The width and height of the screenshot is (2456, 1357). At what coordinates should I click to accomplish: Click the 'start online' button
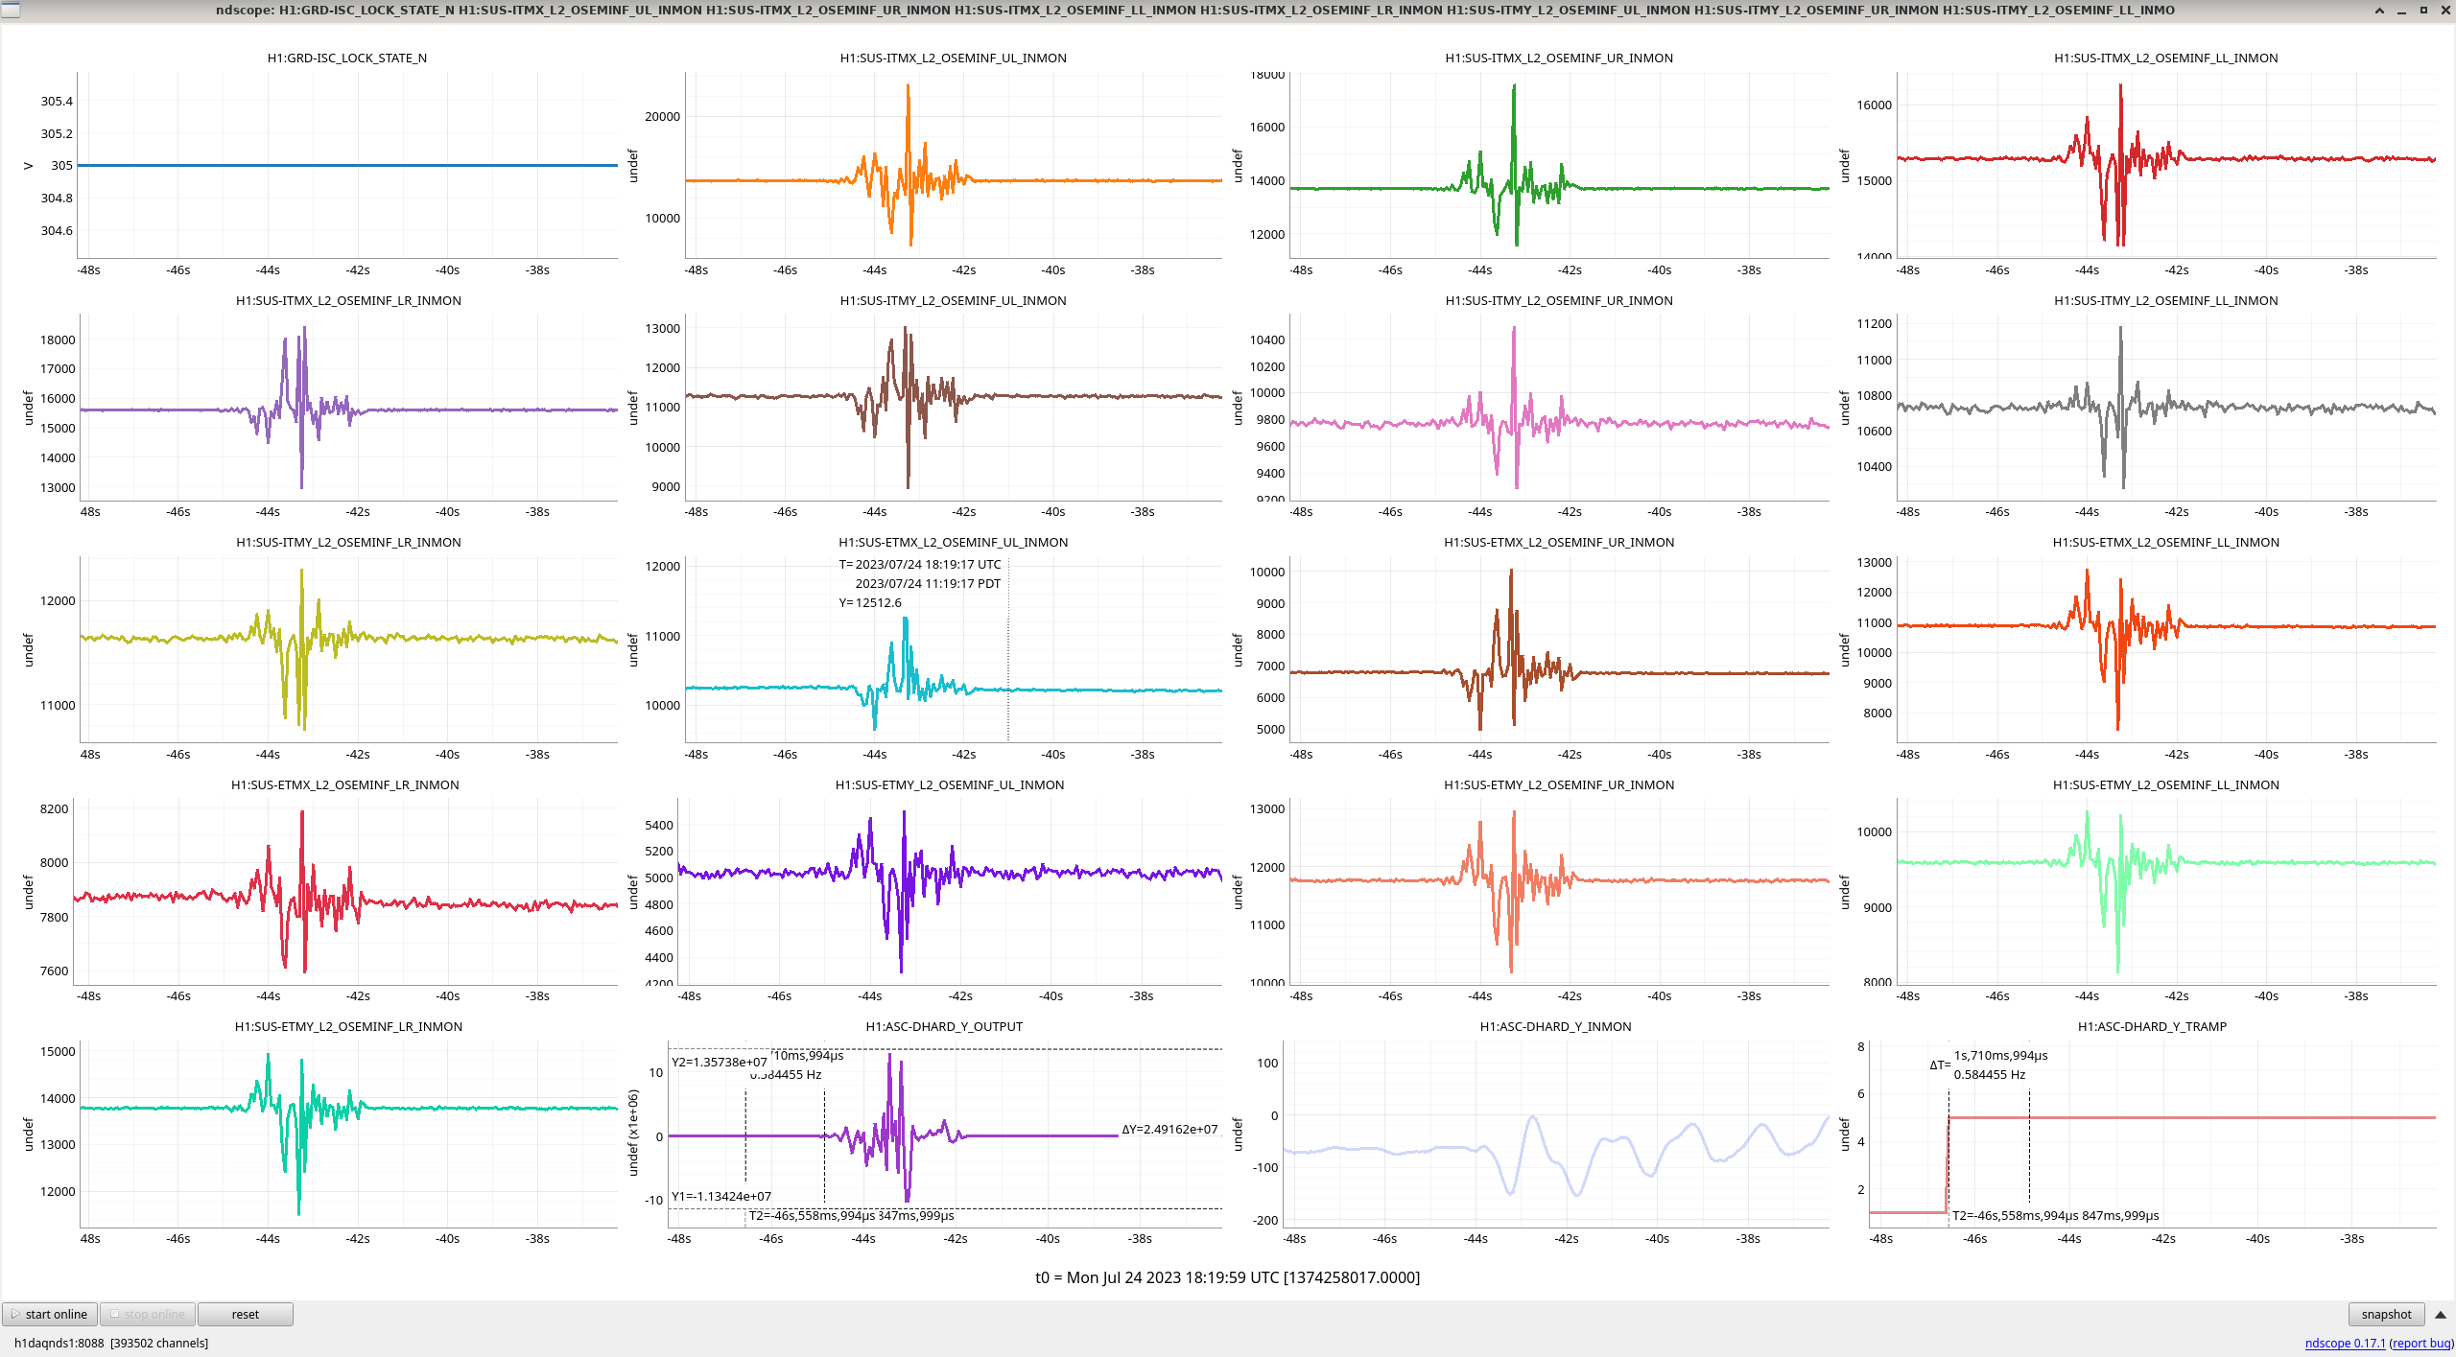tap(50, 1314)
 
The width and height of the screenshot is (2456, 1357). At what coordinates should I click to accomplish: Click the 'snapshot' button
tap(2385, 1314)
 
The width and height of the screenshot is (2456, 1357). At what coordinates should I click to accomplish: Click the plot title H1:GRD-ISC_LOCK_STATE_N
tap(346, 58)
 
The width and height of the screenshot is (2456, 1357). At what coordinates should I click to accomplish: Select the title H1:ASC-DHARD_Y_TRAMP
tap(2151, 1026)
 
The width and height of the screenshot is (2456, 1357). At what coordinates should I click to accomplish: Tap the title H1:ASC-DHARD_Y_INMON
tap(1555, 1026)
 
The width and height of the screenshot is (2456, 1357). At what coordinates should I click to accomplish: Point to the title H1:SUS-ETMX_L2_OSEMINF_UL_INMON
tap(953, 542)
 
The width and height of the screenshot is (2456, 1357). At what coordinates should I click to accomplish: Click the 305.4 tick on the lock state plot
tap(57, 101)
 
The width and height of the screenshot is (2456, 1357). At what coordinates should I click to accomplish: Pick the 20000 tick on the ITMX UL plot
tap(662, 116)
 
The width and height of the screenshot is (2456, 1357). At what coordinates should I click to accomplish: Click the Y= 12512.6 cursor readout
tap(870, 602)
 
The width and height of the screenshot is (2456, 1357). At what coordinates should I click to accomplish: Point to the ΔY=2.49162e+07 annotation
tap(1169, 1129)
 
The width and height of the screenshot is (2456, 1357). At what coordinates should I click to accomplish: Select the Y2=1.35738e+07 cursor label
tap(720, 1062)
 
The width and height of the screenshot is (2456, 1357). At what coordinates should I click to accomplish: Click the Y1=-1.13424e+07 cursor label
tap(721, 1196)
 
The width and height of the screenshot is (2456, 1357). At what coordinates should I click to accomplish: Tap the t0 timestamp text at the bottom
tap(1227, 1277)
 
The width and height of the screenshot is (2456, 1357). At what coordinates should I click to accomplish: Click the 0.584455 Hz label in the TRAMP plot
tap(1989, 1074)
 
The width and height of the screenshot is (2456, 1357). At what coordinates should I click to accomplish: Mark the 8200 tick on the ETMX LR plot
tap(54, 808)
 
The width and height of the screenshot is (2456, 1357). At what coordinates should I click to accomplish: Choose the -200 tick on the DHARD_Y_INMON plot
tap(1266, 1220)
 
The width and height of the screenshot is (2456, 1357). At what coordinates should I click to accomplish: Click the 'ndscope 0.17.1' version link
tap(2345, 1343)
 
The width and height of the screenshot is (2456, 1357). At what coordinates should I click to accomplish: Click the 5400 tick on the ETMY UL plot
tap(659, 825)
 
